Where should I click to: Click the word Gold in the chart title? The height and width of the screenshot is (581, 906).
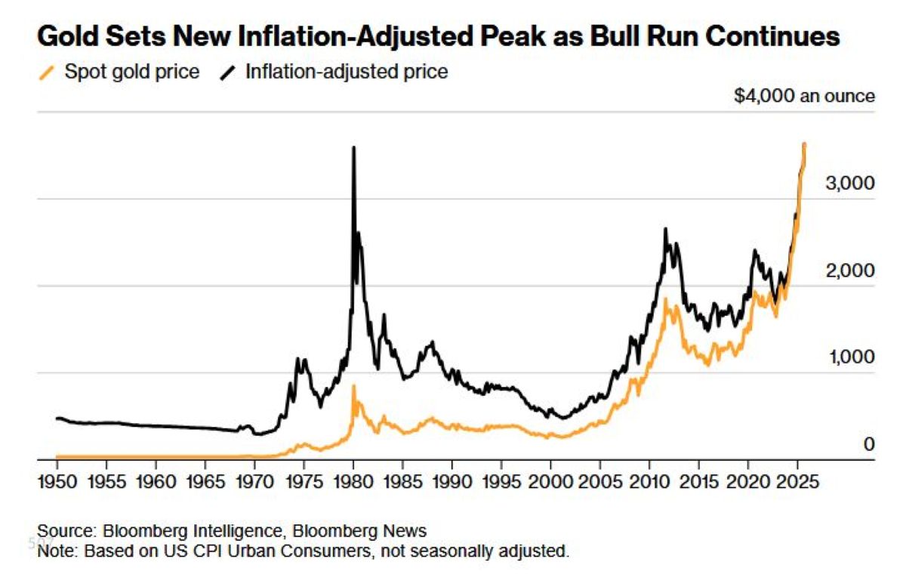point(69,37)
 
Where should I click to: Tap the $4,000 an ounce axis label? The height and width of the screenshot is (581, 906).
point(803,96)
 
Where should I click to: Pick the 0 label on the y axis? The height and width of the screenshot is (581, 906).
point(868,444)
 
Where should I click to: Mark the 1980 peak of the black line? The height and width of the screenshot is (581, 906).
point(353,148)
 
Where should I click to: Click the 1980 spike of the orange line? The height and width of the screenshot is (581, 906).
point(353,388)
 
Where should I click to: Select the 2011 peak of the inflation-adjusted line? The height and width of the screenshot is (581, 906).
point(665,229)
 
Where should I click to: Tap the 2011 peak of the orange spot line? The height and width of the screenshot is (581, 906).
point(665,300)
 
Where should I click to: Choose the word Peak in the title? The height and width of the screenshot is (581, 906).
point(520,37)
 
